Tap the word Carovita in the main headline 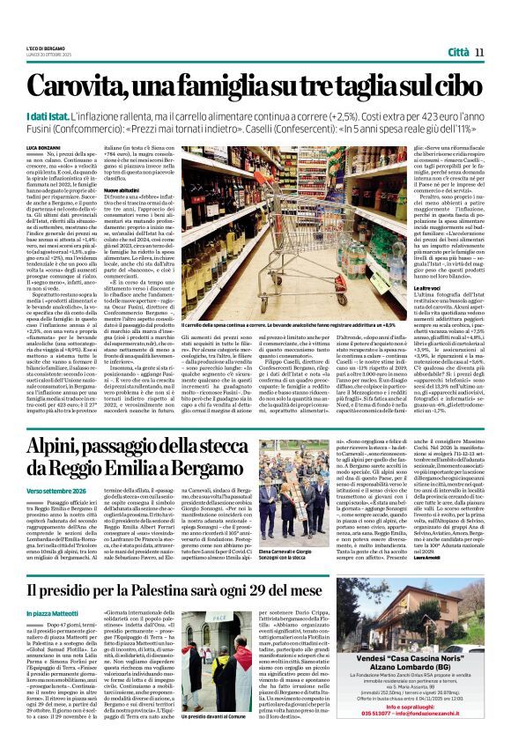(85, 85)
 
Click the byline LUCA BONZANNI (44, 144)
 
